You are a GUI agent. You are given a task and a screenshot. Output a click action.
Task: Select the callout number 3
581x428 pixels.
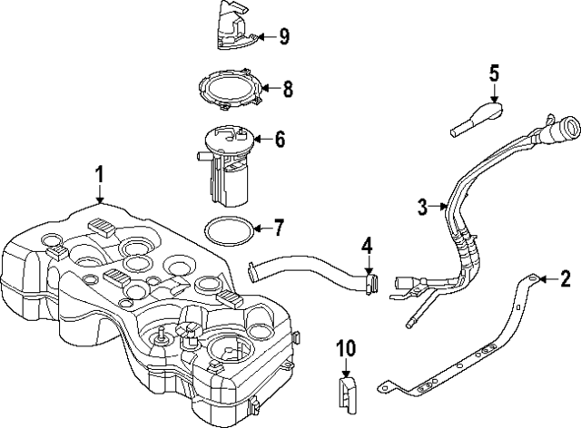click(x=423, y=207)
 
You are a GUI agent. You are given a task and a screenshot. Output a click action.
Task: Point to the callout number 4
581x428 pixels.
click(x=367, y=245)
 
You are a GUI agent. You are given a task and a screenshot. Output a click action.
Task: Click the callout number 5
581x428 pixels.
click(x=495, y=72)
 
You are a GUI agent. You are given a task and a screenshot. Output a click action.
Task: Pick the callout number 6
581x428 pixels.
click(x=280, y=139)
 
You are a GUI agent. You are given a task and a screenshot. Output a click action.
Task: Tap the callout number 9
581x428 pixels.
click(x=283, y=36)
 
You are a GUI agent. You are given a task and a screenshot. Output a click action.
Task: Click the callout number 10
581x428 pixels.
click(x=347, y=347)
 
